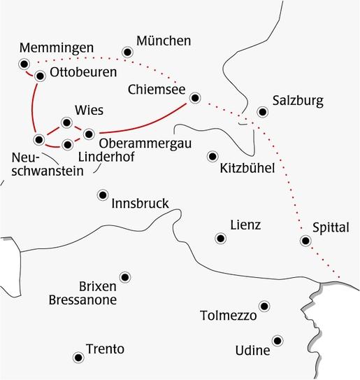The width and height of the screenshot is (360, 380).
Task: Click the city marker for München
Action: coord(127,52)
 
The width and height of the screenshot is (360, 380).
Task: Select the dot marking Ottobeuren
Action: coord(40,76)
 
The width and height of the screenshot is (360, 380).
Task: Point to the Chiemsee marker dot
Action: coord(195,98)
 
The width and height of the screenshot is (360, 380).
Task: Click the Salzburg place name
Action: coord(298,101)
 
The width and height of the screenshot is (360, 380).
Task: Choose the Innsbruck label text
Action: coord(140,204)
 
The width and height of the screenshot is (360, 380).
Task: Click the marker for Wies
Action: coord(66,123)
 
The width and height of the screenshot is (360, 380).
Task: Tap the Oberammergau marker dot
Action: coord(88,133)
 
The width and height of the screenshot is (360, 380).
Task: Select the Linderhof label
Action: coord(103,157)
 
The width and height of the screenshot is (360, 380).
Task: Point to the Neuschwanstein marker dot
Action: coord(40,138)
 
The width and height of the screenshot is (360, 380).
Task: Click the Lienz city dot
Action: coord(221,239)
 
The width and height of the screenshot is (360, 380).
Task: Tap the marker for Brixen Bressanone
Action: coord(125,277)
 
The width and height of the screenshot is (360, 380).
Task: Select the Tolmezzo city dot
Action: coord(264,306)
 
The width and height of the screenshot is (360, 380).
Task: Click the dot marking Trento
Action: coord(77,356)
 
